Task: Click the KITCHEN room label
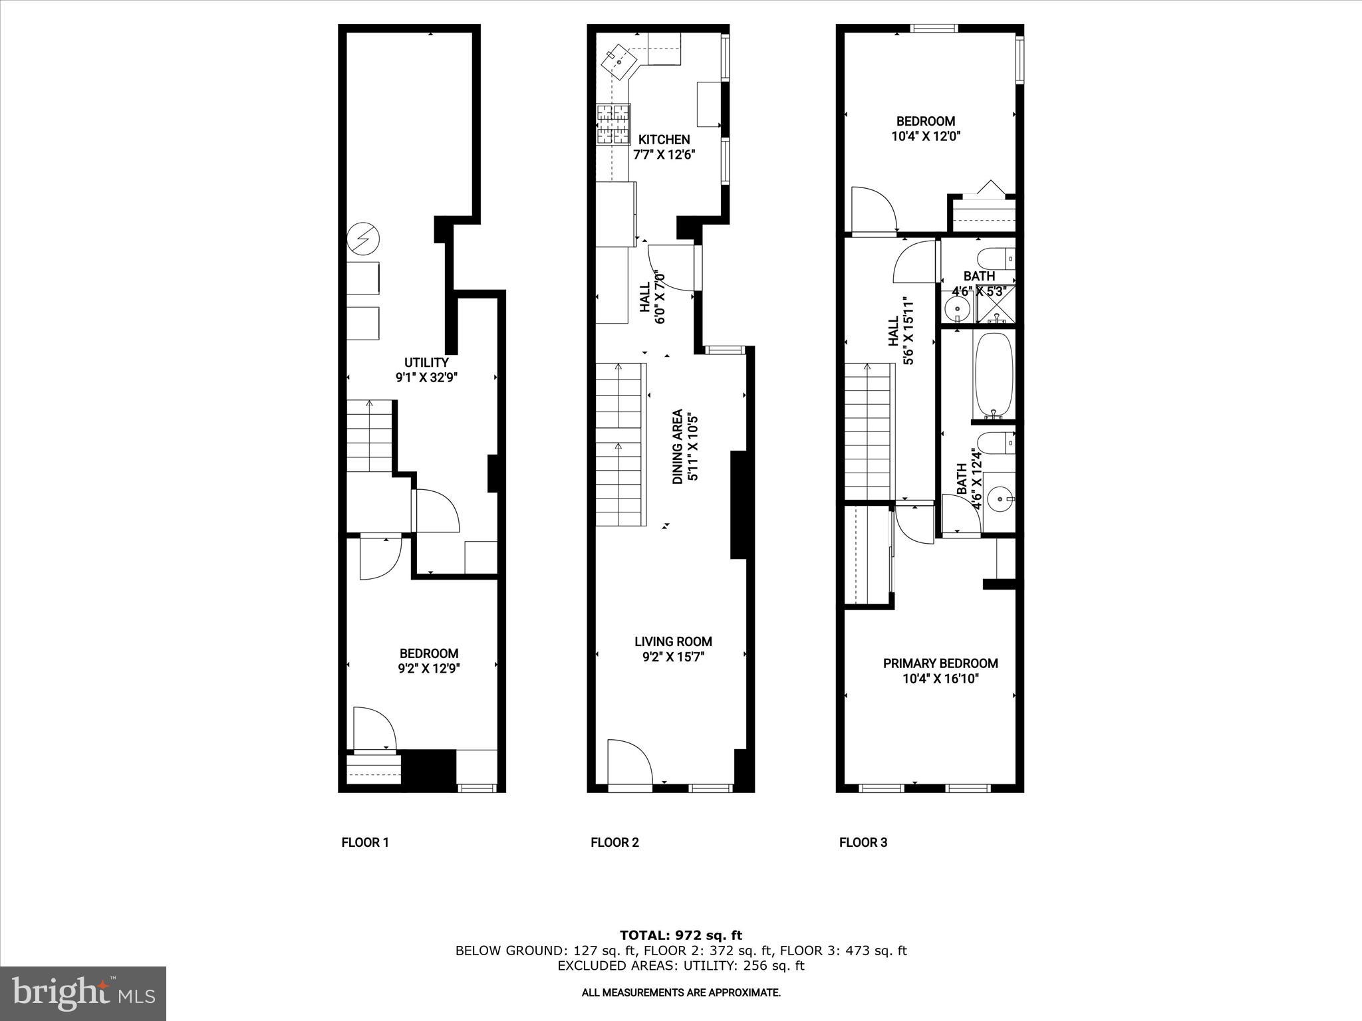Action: (664, 140)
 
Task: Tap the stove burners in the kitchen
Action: (613, 124)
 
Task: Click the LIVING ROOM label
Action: (673, 641)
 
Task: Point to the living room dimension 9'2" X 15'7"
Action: (673, 657)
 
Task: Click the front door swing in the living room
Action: (628, 761)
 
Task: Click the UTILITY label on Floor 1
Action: (426, 362)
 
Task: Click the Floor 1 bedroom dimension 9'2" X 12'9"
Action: (429, 669)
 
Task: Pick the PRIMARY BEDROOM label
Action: (940, 663)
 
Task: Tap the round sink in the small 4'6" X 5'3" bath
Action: (958, 308)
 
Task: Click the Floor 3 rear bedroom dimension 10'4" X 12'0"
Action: (926, 136)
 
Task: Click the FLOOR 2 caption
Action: (614, 843)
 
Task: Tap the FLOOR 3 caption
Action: (863, 843)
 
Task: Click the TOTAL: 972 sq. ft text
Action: (680, 936)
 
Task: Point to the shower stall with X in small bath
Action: (996, 305)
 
